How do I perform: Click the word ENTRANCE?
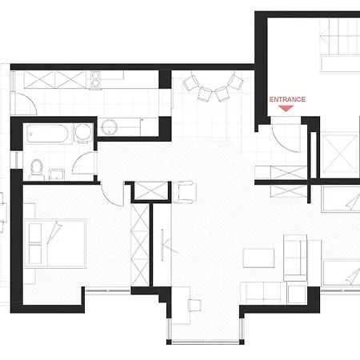click(287, 99)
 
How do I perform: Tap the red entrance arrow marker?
click(286, 108)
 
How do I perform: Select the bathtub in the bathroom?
click(47, 134)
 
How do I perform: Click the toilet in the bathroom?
click(37, 170)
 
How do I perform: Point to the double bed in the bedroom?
click(55, 243)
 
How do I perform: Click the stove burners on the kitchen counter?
click(95, 79)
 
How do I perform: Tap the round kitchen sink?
click(110, 127)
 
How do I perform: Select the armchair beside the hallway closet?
click(185, 192)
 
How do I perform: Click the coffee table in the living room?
click(258, 258)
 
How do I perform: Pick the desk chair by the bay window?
click(194, 306)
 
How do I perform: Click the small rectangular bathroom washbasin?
click(57, 174)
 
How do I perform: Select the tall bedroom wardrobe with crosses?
click(140, 245)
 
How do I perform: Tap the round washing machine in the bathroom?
click(83, 132)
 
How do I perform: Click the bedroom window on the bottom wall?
click(108, 290)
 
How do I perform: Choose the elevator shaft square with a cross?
click(340, 154)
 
